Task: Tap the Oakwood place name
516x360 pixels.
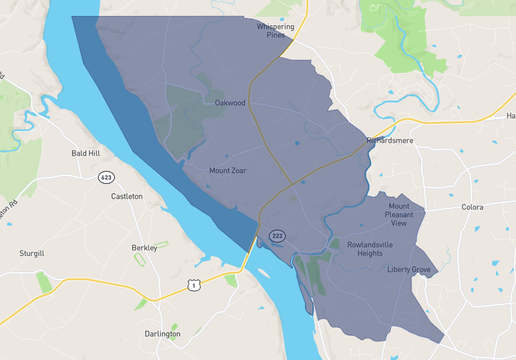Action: [230, 102]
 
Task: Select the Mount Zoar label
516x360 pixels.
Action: [227, 171]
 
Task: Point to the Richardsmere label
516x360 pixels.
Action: [390, 141]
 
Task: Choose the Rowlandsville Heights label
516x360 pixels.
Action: [371, 248]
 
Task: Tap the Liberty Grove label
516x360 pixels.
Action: [409, 270]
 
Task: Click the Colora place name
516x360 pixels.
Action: [472, 207]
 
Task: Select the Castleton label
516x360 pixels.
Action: [127, 197]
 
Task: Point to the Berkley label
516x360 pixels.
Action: [144, 247]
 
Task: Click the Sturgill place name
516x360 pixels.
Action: [32, 253]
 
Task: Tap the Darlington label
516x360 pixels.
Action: [162, 334]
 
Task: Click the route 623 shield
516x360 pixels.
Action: [106, 177]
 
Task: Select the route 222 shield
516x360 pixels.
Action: [277, 236]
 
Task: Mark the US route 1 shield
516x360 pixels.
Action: [193, 286]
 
